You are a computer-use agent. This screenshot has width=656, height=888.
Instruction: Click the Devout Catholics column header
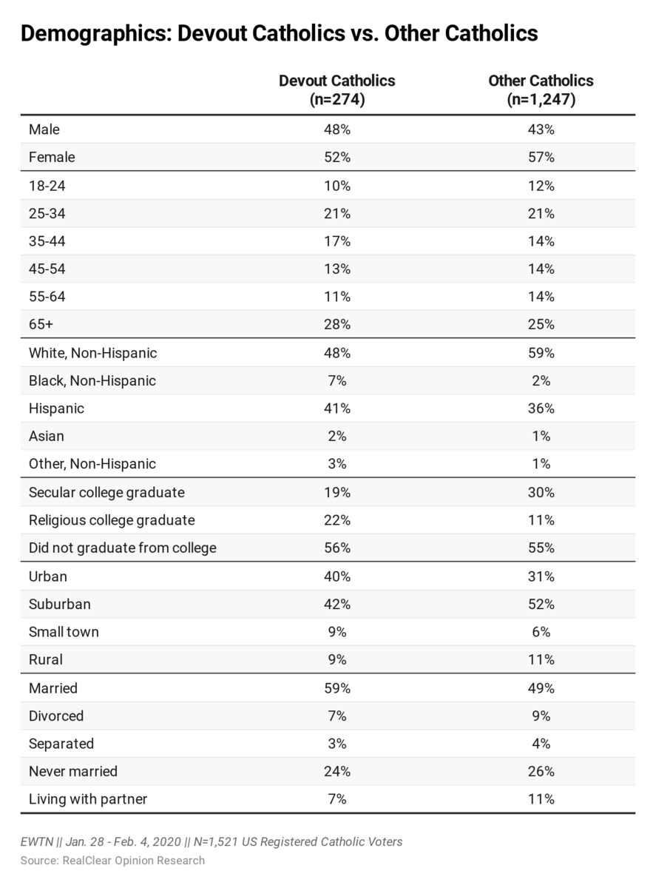337,90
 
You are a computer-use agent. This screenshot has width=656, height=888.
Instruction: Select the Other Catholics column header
541,90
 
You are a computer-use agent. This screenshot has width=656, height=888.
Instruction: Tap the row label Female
52,157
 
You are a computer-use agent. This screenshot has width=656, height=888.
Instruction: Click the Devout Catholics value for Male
337,129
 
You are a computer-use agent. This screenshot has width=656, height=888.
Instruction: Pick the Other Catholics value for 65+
541,324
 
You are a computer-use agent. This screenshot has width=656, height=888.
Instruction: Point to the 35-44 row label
47,241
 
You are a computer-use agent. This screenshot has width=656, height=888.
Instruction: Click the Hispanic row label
56,408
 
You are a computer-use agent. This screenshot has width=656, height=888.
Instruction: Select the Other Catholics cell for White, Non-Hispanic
541,353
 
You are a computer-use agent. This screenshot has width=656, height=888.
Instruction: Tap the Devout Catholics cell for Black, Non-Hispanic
337,380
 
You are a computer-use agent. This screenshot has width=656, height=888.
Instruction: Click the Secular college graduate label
106,492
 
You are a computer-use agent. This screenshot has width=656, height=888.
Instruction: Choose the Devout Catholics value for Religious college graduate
337,520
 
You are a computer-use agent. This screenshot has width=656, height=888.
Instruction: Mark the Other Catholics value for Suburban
541,604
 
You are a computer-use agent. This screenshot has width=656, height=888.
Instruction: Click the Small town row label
64,632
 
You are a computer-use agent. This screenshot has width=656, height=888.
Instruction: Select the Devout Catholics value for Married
337,688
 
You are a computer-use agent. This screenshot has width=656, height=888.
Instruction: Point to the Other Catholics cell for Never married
541,771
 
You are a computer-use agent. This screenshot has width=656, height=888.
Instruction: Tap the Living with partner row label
88,799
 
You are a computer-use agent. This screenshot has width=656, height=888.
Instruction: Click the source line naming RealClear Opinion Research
112,861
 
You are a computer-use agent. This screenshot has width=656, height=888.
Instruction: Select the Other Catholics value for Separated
541,744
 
